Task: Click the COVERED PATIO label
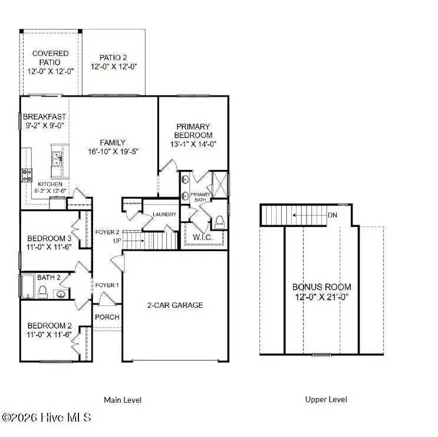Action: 50,58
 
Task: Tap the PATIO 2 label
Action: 113,57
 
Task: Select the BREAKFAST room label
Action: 44,117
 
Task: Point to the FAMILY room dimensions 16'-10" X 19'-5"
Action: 112,152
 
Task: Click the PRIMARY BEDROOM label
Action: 193,131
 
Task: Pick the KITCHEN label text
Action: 50,184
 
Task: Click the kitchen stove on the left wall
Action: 27,174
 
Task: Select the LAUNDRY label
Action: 164,214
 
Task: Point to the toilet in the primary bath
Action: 219,222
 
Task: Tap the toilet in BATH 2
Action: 42,291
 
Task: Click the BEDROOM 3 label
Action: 50,239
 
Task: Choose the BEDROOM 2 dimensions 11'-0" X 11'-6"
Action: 50,334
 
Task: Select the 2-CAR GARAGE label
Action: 174,305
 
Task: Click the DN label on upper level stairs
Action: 333,215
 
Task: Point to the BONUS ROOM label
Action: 321,287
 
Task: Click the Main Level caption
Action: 123,400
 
